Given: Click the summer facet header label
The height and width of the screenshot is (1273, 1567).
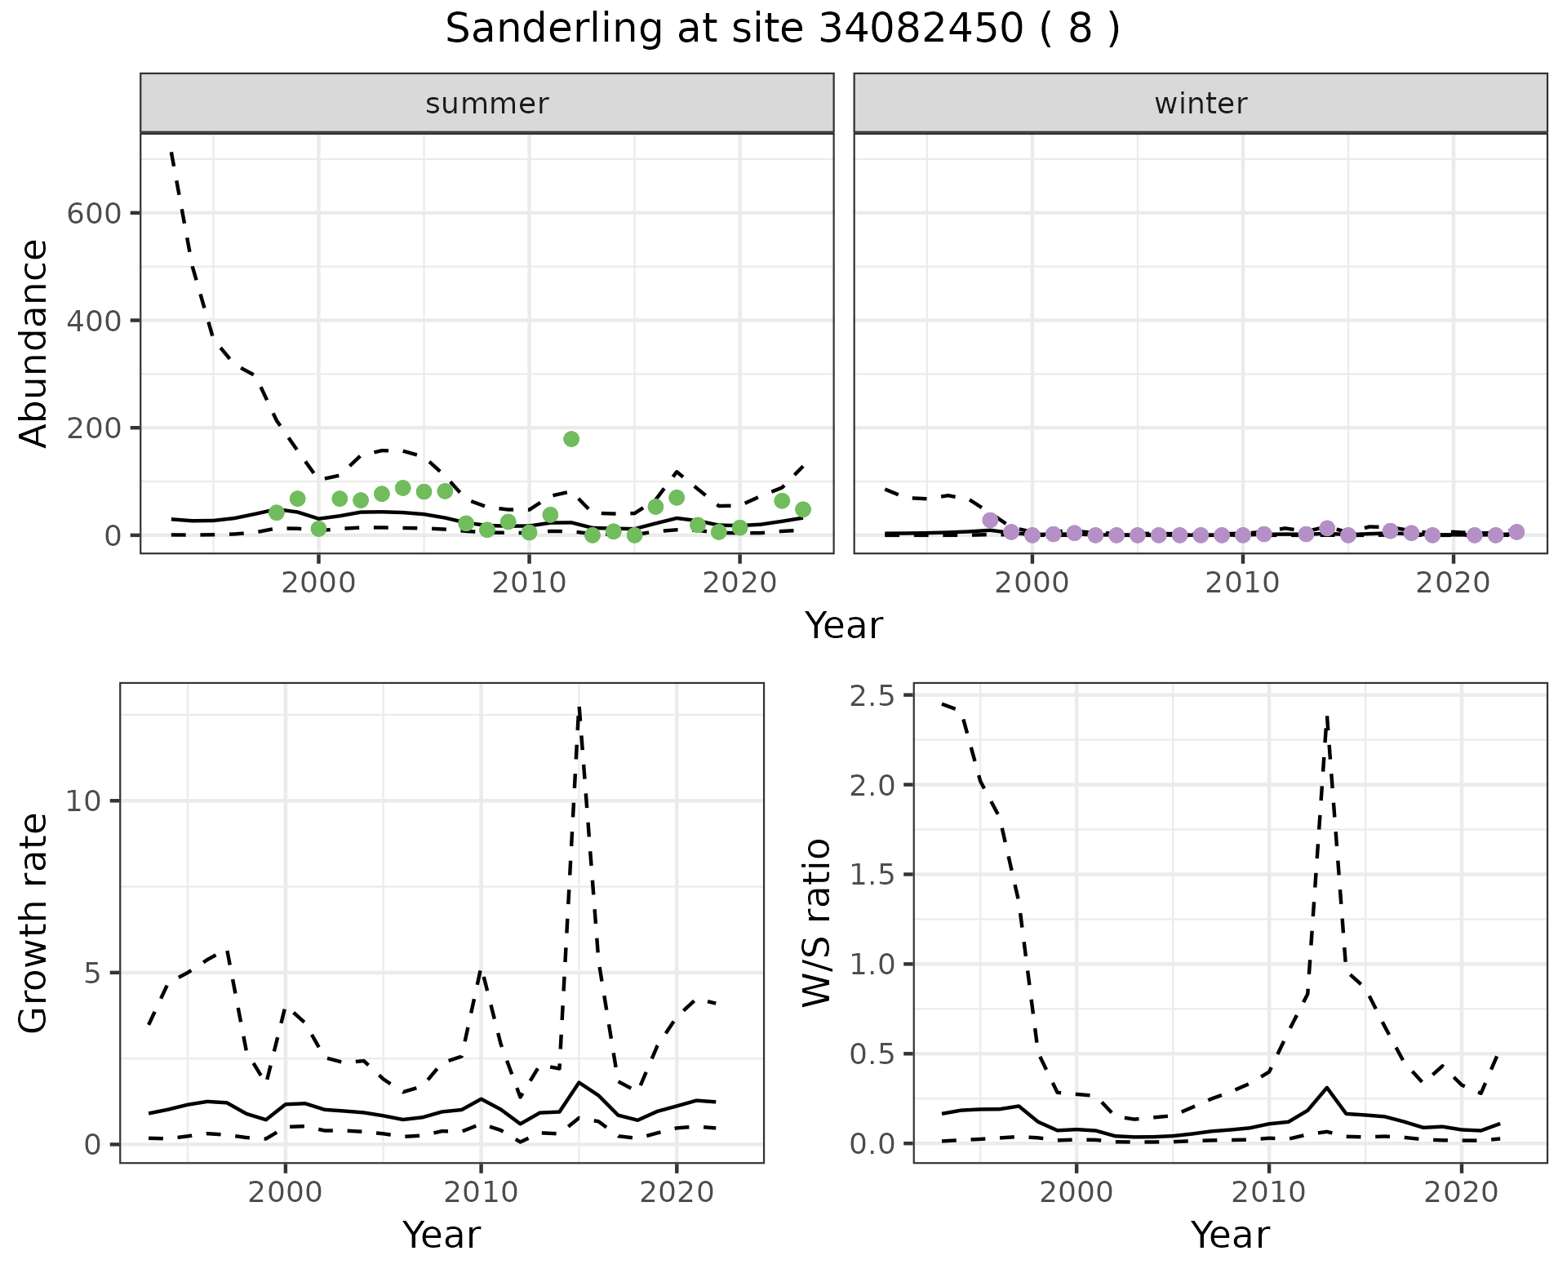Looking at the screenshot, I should coord(487,104).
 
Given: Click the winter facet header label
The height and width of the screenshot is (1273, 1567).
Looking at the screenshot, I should coord(1201,104).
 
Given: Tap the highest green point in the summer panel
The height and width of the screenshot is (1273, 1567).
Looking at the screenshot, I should coord(571,439).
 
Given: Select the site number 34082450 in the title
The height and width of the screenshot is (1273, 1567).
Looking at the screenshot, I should coord(920,29).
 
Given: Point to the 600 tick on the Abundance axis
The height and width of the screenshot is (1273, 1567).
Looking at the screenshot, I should coord(94,214).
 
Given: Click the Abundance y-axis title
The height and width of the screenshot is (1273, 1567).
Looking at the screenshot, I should coord(34,344).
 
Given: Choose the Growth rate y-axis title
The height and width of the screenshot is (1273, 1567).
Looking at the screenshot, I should coord(34,923).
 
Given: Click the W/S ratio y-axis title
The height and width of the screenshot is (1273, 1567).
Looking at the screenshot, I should coord(817,923).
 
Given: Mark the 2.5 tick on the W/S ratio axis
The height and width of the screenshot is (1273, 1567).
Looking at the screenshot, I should coord(872,696).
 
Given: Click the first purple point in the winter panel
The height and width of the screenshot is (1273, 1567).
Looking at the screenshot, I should coord(990,520).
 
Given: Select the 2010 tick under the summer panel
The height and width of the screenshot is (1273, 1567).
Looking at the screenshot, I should coord(529,583).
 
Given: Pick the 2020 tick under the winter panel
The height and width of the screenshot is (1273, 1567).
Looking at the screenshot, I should coord(1453,583).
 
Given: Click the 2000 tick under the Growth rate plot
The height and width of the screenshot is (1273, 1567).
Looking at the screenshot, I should coord(285,1192).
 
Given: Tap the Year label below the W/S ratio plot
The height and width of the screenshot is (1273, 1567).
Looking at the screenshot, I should coord(1230,1235).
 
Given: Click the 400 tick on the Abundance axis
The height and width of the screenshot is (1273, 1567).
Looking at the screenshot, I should coord(94,321).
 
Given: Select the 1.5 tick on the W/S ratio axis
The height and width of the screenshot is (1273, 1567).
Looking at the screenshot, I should coord(872,875).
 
